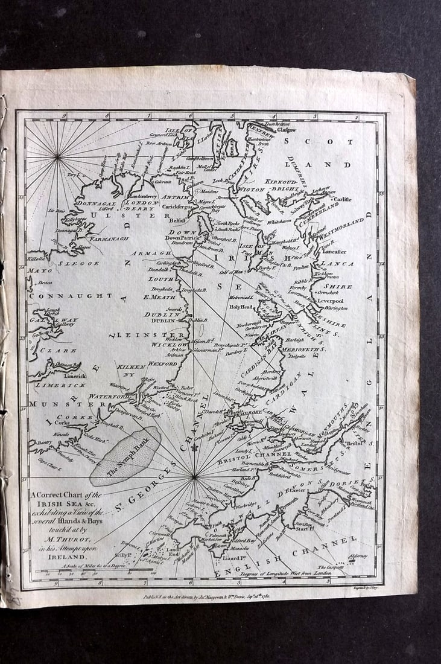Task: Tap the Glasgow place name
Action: [287, 129]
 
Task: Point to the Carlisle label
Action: [343, 199]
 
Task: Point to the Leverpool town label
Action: [331, 301]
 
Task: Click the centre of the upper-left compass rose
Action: [57, 157]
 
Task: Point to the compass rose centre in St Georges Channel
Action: [194, 477]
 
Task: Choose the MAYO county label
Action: [39, 270]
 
